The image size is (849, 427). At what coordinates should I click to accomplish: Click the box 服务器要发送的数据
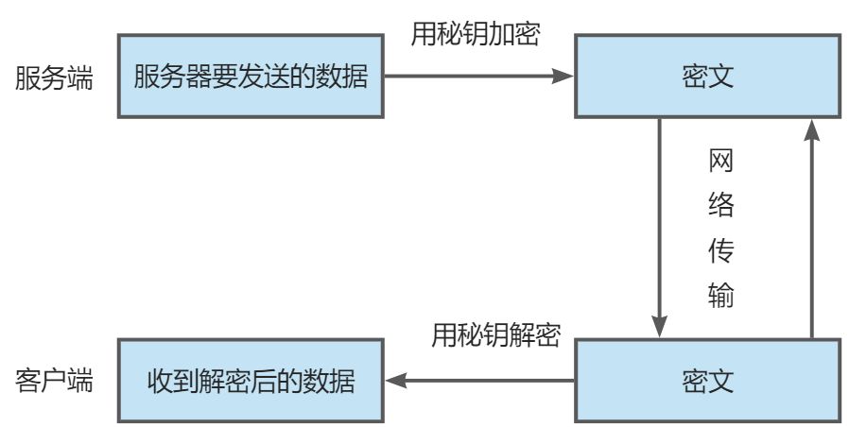[251, 77]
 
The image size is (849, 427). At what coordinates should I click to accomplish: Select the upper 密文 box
[707, 77]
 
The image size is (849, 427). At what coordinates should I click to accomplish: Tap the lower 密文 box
[707, 382]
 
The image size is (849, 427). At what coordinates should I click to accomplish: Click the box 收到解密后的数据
[251, 382]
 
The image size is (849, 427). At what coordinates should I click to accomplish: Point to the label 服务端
[54, 77]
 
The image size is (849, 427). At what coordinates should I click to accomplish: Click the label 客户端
[54, 382]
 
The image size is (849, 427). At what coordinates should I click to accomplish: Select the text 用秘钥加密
[475, 34]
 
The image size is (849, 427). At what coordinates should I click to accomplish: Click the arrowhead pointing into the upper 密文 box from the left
[565, 77]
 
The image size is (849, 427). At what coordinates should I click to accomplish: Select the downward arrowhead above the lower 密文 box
[661, 327]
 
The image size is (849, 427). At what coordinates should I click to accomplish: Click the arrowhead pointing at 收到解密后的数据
[396, 382]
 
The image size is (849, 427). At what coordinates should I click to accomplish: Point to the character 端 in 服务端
[80, 77]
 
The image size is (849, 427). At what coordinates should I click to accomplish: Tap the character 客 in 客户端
[27, 382]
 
